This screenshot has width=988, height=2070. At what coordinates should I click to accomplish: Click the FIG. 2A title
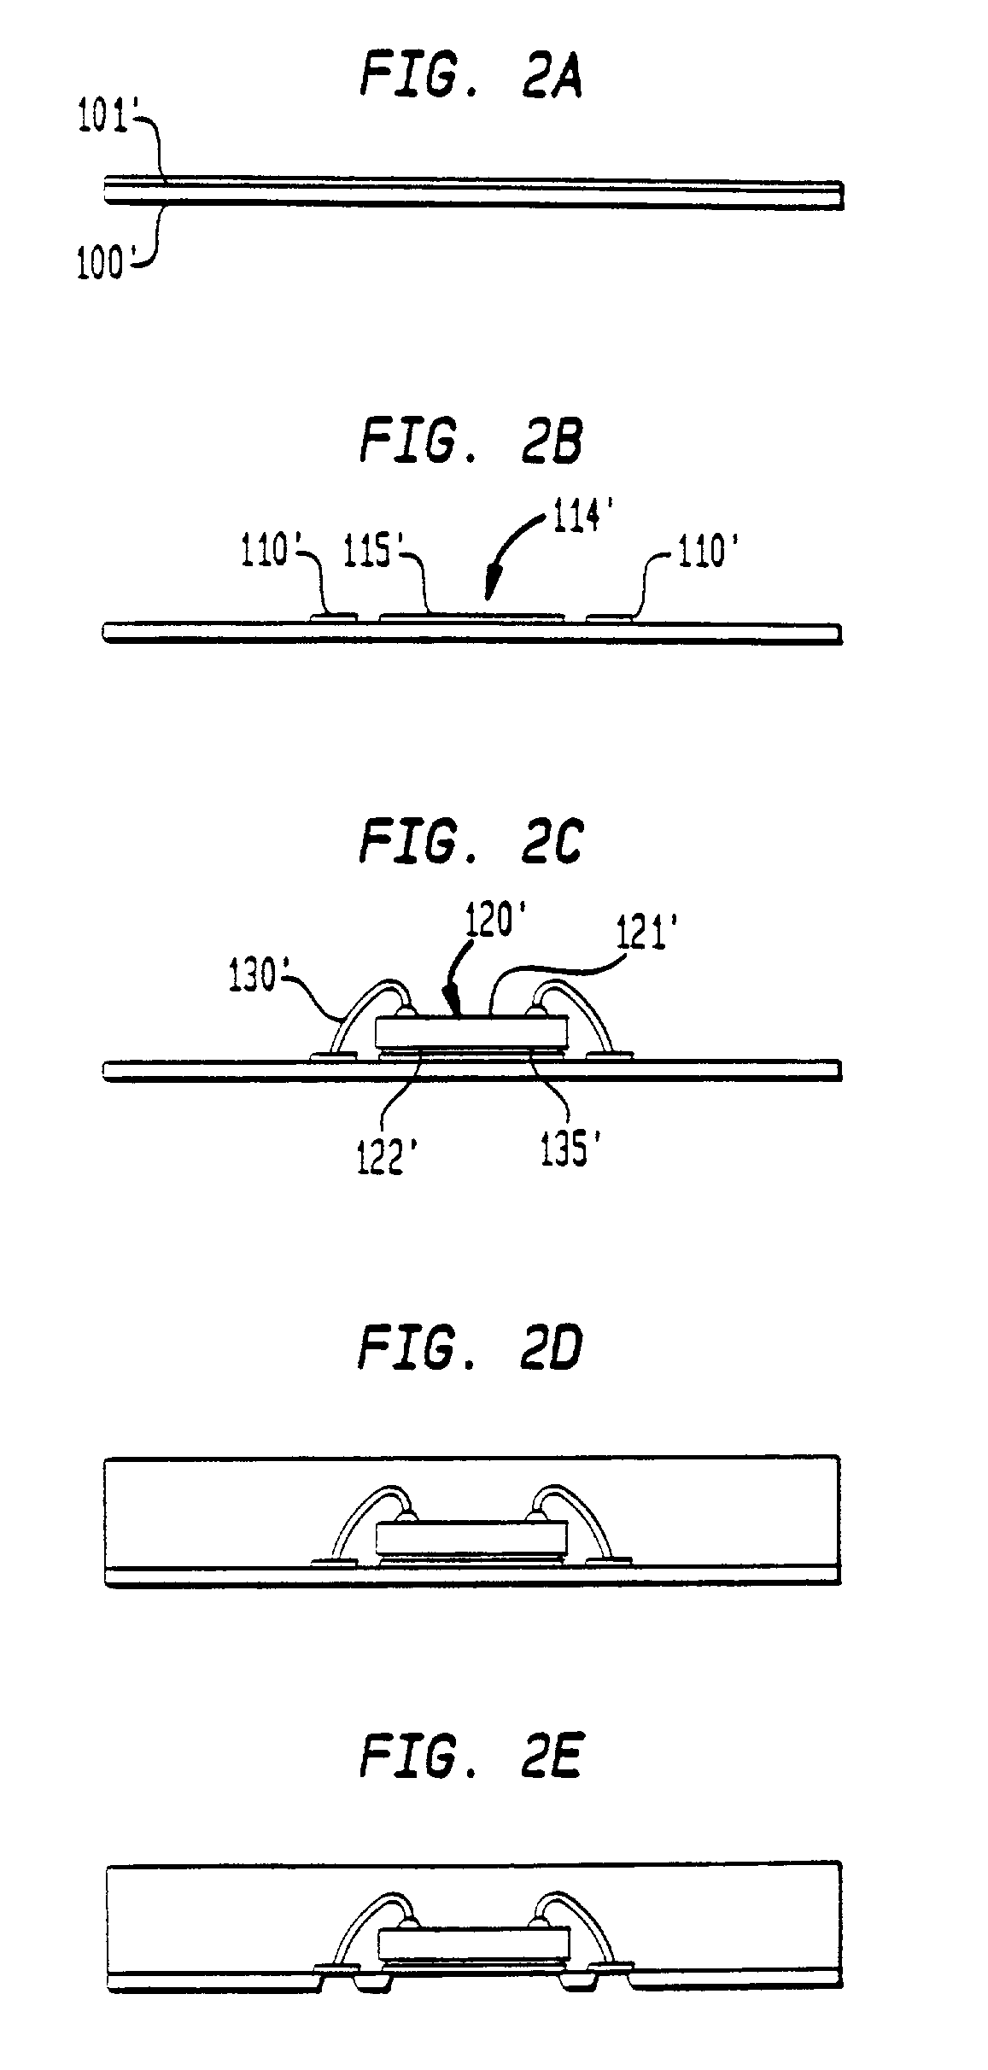[471, 77]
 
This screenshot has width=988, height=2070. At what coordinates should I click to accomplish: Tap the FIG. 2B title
[471, 442]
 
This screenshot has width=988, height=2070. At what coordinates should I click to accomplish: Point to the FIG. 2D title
[471, 1349]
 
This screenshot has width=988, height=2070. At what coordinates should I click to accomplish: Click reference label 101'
[102, 119]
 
